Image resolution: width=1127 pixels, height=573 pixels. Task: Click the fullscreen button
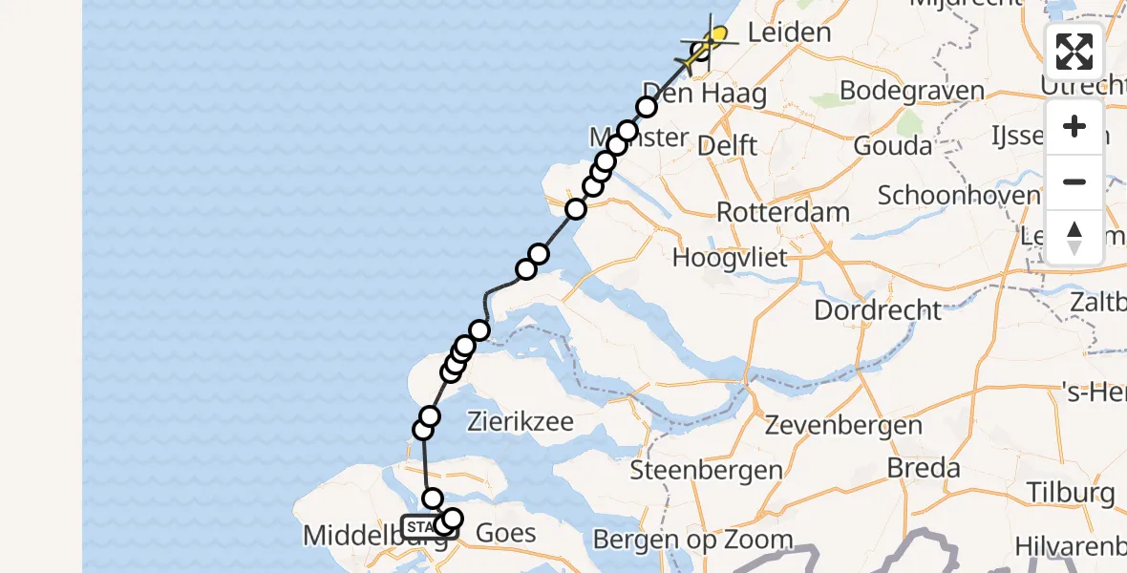point(1074,52)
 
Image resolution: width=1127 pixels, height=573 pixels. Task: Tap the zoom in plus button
point(1074,126)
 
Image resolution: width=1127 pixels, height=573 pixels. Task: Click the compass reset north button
point(1074,237)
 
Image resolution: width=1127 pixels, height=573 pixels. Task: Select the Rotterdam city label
point(782,211)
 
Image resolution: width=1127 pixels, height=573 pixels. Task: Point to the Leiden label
point(789,32)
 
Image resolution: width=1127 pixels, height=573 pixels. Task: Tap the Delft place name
point(728,145)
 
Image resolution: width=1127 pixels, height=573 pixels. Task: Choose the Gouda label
point(894,145)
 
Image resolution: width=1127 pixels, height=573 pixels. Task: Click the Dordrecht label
point(877,309)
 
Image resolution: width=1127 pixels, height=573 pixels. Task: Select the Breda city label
point(924,468)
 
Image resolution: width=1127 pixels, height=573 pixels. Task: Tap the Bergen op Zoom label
point(692,540)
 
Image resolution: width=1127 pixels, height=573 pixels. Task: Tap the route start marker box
point(420,526)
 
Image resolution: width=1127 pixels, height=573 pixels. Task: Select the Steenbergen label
point(707,470)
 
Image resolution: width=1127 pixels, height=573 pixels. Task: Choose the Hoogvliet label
point(730,257)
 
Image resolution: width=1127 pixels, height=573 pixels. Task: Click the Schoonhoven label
point(959,196)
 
